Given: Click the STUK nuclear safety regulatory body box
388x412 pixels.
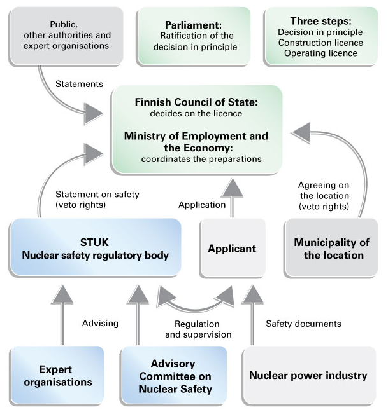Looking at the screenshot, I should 96,248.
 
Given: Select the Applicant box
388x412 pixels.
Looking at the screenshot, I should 232,249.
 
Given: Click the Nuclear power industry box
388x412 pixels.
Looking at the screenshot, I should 308,375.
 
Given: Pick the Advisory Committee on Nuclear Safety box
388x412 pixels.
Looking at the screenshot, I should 174,376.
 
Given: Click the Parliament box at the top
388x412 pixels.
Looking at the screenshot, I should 194,36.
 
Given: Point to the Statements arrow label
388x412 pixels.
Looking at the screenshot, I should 79,84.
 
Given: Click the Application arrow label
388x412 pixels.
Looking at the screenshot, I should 202,205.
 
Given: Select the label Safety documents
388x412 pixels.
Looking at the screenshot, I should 303,324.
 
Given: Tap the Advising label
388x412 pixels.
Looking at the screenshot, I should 100,323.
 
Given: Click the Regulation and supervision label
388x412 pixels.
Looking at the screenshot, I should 198,329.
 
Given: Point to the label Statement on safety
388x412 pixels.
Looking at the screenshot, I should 97,195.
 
